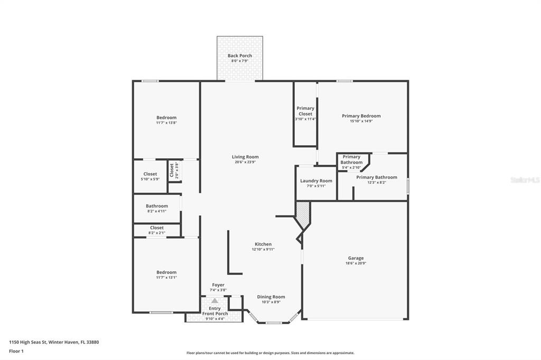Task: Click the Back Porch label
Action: tap(240, 55)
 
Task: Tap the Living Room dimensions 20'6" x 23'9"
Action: tap(245, 162)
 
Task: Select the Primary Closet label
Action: tap(305, 111)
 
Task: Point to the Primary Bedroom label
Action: tap(361, 116)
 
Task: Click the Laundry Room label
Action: tap(316, 181)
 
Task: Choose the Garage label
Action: tap(356, 258)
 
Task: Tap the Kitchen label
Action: tap(263, 244)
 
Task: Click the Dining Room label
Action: tap(271, 297)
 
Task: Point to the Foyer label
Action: tap(218, 285)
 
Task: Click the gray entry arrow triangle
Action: tap(214, 301)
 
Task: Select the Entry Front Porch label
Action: tap(215, 311)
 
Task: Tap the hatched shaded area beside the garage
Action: tap(303, 214)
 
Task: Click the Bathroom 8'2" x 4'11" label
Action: tap(157, 206)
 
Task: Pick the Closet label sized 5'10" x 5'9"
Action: tap(150, 174)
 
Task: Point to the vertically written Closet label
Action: tap(172, 170)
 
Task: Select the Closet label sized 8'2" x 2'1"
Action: tap(156, 228)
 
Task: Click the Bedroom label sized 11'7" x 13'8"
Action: tap(166, 118)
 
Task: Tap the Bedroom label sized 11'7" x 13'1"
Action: tap(166, 272)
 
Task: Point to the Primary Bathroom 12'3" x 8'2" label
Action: tap(377, 177)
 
